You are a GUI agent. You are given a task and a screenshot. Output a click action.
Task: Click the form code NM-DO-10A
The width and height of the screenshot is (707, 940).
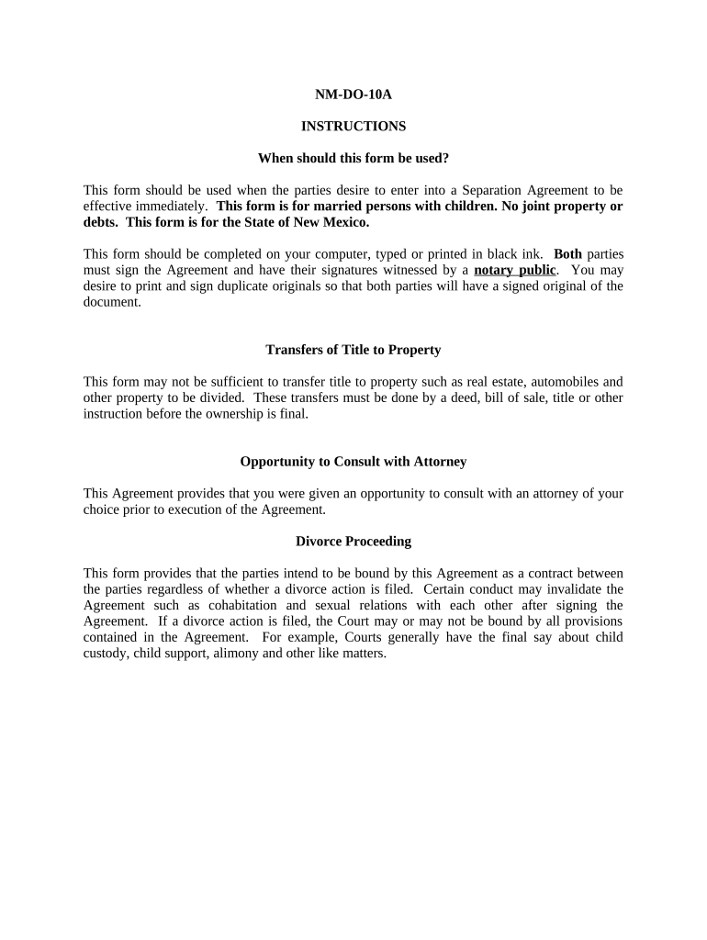[x=353, y=94]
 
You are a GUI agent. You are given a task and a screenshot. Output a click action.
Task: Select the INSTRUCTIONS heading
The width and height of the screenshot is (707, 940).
[x=353, y=126]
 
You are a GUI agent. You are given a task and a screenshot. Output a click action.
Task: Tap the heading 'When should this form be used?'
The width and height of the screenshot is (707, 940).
[x=353, y=158]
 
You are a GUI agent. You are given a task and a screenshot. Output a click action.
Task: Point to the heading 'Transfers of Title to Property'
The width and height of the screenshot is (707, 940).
[x=353, y=350]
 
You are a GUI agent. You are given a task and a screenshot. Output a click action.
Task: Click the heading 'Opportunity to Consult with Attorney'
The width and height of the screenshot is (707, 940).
[x=353, y=462]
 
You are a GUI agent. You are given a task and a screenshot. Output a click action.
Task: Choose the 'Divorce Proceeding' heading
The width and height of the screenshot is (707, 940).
[x=353, y=542]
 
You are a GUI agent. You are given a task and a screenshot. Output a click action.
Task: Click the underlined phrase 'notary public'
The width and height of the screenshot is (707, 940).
[x=515, y=270]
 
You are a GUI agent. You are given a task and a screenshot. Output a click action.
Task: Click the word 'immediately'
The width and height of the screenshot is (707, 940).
[x=174, y=207]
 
